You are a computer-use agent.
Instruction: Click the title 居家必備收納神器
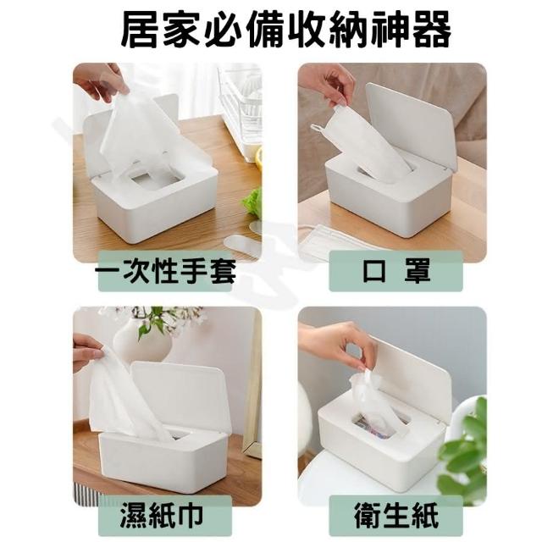point(286,30)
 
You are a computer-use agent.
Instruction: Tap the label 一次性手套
point(166,271)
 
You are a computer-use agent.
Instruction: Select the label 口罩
point(396,271)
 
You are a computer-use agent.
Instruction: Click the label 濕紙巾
point(162,515)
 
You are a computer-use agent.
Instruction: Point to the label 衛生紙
point(396,515)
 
